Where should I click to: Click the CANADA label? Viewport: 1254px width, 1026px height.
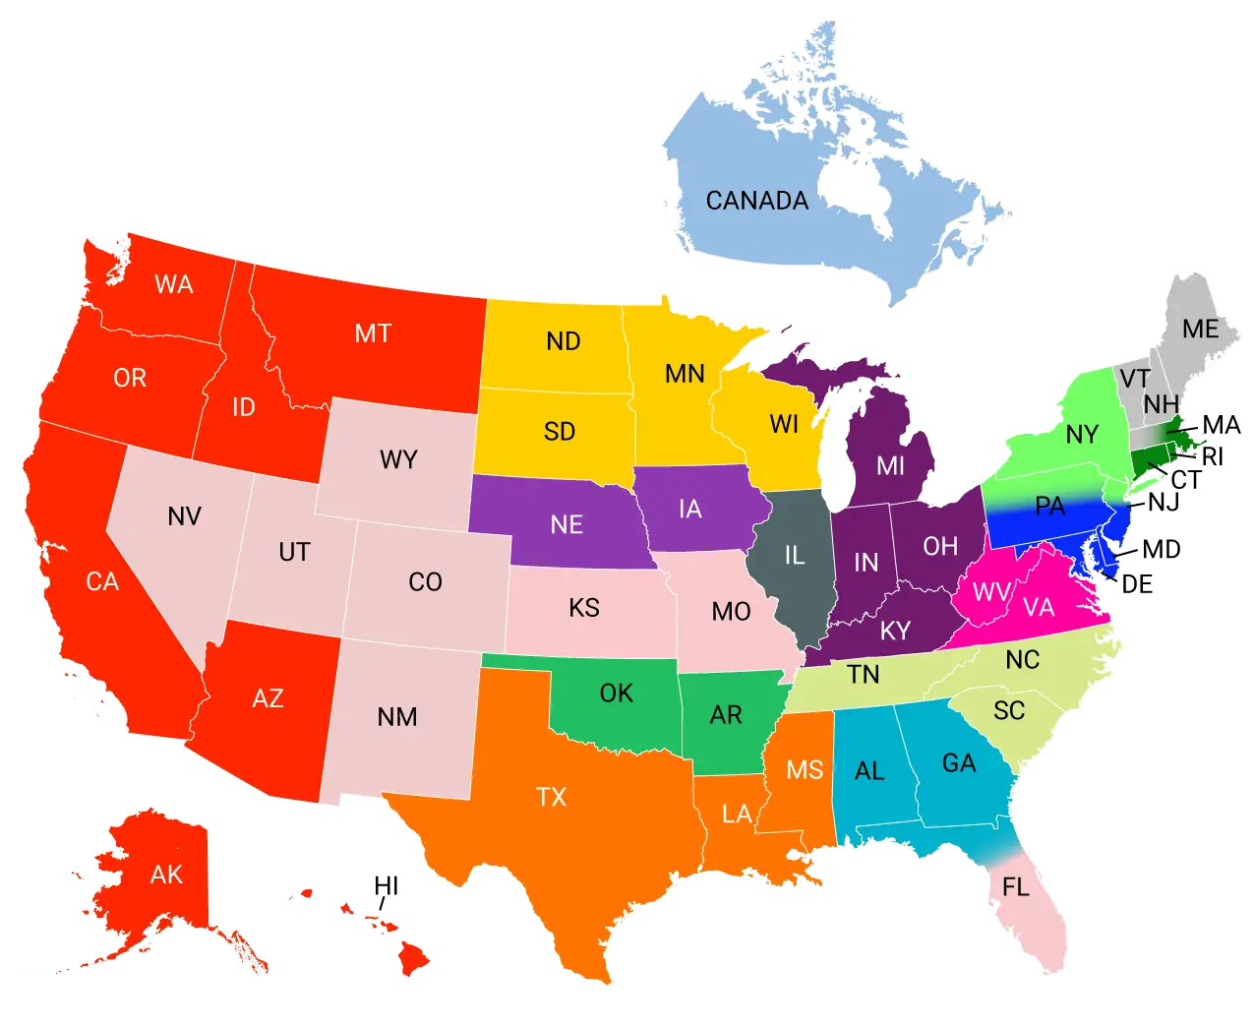(x=757, y=201)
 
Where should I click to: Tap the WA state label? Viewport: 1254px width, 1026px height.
(x=174, y=285)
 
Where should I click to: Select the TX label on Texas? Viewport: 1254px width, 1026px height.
(x=552, y=797)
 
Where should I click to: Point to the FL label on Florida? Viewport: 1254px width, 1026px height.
(x=1016, y=887)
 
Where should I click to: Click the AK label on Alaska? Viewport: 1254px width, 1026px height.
(x=166, y=875)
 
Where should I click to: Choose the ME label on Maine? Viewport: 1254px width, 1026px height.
(x=1200, y=329)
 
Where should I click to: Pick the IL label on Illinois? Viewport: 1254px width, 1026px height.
(x=795, y=556)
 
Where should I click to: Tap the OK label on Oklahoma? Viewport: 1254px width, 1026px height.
(x=617, y=694)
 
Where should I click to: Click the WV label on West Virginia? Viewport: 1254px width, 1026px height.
(x=992, y=592)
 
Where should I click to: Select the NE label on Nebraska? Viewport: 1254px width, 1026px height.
(x=567, y=524)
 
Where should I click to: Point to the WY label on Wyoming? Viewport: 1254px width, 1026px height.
(x=398, y=459)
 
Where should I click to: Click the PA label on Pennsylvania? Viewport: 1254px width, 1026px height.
(x=1050, y=507)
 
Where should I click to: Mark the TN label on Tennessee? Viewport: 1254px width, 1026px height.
(x=864, y=675)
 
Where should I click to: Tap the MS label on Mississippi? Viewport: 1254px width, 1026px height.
(x=805, y=770)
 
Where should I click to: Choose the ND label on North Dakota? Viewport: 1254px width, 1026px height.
(x=564, y=341)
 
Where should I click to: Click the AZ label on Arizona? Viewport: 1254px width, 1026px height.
(x=268, y=698)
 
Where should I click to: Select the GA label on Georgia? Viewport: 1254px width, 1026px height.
(x=959, y=763)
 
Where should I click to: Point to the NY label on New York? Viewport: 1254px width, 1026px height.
(x=1082, y=435)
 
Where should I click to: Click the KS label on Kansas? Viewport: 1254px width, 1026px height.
(x=584, y=608)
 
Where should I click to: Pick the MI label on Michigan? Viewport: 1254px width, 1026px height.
(x=890, y=465)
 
